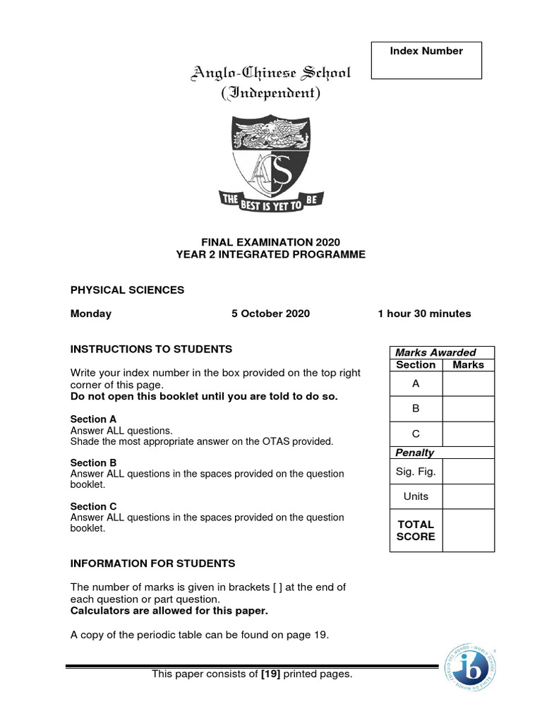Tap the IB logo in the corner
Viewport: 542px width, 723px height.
(x=469, y=667)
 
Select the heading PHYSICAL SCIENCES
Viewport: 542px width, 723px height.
(x=127, y=289)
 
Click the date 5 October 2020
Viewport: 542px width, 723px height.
(x=270, y=313)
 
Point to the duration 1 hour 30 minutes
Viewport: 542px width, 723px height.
(x=424, y=313)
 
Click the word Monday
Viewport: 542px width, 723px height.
(x=90, y=313)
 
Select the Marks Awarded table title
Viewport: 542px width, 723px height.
(x=435, y=352)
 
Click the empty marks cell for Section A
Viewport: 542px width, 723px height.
(x=468, y=383)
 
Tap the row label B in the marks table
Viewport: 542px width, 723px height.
(x=416, y=409)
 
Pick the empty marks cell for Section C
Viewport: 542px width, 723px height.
(x=468, y=434)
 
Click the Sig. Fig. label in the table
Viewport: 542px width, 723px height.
(x=416, y=471)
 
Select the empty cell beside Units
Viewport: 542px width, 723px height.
(x=468, y=496)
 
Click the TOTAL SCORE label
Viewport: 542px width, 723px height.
(x=416, y=530)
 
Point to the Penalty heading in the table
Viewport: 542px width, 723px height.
(x=415, y=453)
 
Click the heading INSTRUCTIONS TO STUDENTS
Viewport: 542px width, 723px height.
(x=151, y=349)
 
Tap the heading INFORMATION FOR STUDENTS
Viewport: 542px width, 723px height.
(x=152, y=563)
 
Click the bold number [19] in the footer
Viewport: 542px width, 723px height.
(x=270, y=674)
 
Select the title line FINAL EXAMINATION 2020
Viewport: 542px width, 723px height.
(x=271, y=242)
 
